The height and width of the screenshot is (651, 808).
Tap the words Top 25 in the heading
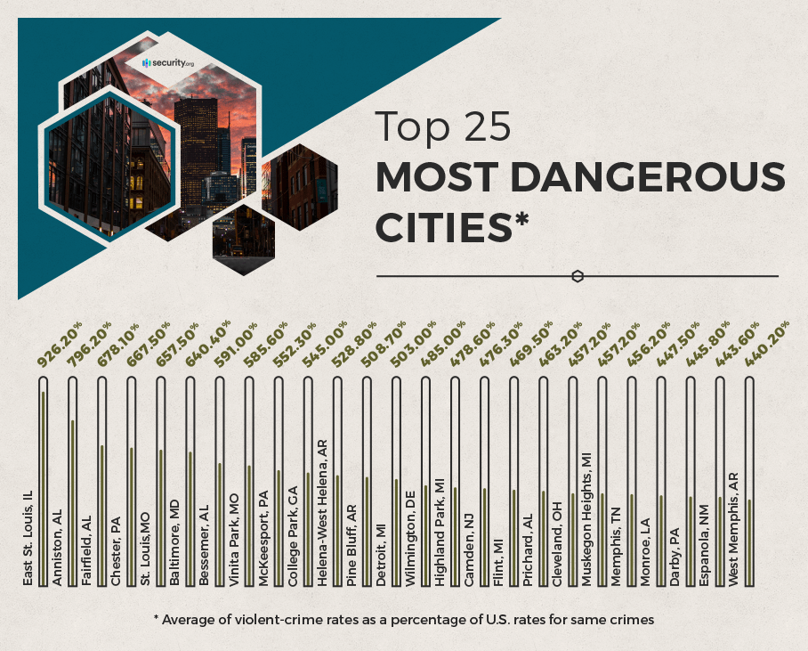click(442, 127)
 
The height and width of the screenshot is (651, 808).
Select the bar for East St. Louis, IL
click(43, 481)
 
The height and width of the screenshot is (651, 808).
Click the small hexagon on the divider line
click(578, 276)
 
